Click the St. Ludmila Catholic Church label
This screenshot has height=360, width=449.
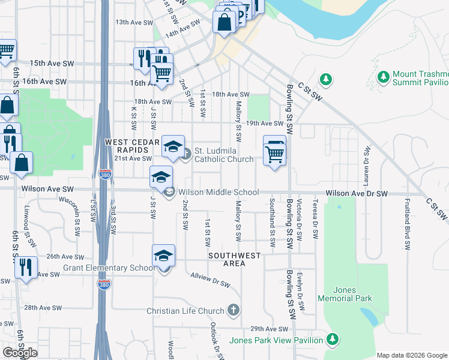[224, 155]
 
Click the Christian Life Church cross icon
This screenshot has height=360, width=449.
[234, 311]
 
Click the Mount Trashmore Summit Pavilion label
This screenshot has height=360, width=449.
[421, 78]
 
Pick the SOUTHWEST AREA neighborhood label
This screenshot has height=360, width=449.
[235, 259]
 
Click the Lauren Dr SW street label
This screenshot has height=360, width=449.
[365, 162]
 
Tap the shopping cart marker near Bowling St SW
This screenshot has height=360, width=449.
[275, 152]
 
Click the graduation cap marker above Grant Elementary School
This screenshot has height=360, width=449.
[163, 256]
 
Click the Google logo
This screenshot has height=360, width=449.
[20, 352]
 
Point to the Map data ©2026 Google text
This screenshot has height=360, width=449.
[412, 355]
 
